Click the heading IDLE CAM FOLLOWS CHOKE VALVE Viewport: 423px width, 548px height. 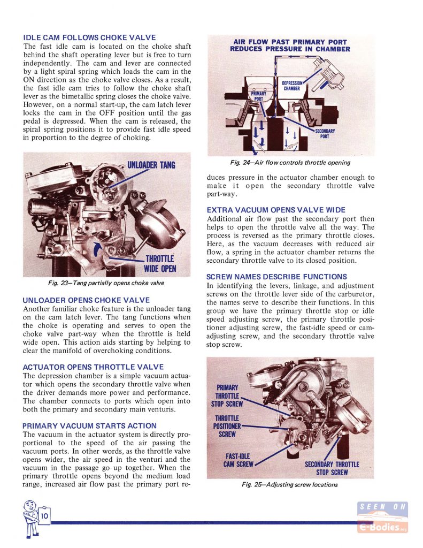point(89,37)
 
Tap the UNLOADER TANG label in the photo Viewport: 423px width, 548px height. point(151,165)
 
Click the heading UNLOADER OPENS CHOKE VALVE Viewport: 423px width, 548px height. point(86,300)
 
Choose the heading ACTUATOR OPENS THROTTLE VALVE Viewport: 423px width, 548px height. point(93,367)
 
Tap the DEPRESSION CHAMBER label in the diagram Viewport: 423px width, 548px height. point(291,86)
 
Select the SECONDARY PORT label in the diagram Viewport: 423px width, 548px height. point(325,134)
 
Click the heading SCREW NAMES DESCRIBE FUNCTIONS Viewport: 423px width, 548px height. point(276,277)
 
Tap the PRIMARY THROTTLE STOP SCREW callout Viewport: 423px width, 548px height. point(227,395)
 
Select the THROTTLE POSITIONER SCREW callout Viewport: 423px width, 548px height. point(227,426)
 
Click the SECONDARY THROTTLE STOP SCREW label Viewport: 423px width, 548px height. point(332,468)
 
